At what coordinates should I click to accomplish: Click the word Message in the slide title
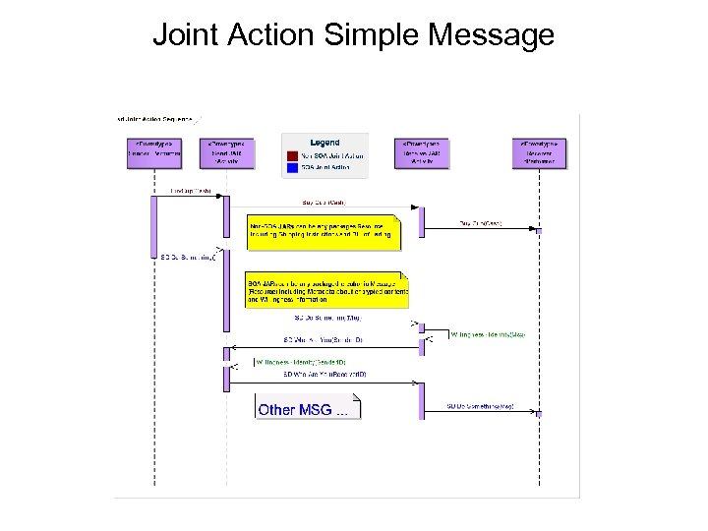493,35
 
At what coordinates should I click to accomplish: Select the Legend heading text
324,143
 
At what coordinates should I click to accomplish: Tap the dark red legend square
292,155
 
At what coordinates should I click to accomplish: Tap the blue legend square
292,166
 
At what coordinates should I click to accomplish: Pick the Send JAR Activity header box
226,152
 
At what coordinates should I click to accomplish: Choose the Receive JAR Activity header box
421,152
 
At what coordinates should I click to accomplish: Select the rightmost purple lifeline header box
539,152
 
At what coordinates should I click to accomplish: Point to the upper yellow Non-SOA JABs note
324,229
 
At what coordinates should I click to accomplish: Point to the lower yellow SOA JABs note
325,289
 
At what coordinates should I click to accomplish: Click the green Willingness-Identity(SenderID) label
300,362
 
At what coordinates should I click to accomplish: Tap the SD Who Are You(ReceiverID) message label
324,375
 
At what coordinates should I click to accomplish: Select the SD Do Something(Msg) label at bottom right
480,405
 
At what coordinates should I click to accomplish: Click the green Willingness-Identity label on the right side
487,334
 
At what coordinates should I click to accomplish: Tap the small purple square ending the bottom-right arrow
538,411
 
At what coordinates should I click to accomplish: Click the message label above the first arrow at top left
190,191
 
